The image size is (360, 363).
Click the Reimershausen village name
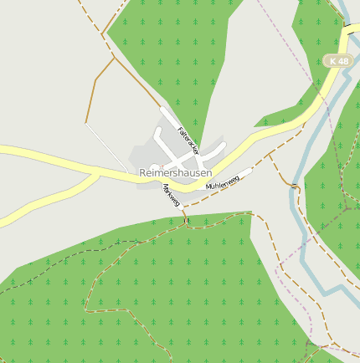click(175, 172)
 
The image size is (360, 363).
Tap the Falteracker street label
click(189, 140)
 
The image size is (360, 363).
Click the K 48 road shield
click(338, 61)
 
